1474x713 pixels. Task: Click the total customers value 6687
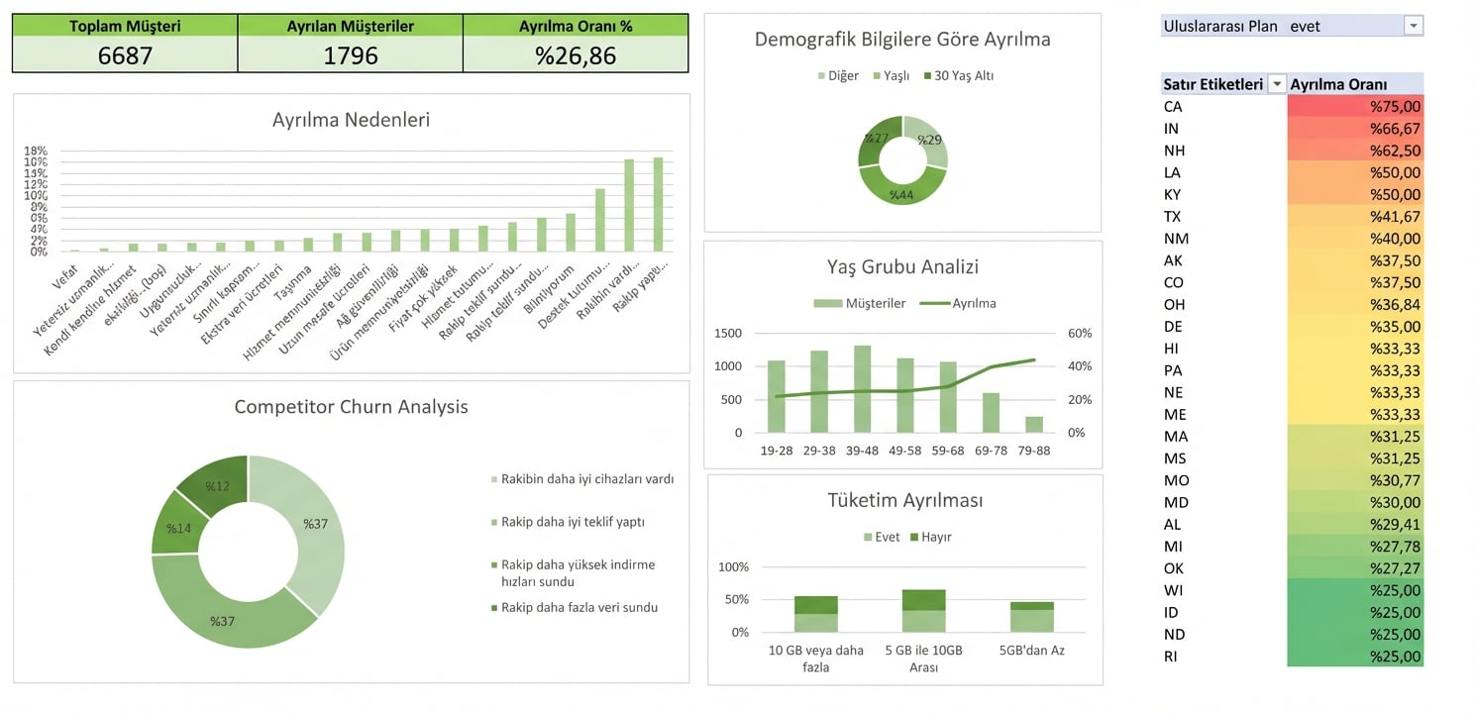pyautogui.click(x=125, y=55)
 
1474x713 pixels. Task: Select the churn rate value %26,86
pyautogui.click(x=576, y=55)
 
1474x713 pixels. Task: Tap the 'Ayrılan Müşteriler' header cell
pyautogui.click(x=351, y=26)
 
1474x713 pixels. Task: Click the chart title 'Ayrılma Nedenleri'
pyautogui.click(x=351, y=120)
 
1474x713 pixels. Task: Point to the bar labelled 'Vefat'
pyautogui.click(x=74, y=251)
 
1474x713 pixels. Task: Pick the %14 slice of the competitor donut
pyautogui.click(x=178, y=528)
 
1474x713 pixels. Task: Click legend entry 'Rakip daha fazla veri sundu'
pyautogui.click(x=579, y=607)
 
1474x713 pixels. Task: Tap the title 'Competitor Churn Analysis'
pyautogui.click(x=351, y=407)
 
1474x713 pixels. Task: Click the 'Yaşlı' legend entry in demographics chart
pyautogui.click(x=891, y=76)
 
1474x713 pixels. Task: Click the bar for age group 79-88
pyautogui.click(x=1034, y=424)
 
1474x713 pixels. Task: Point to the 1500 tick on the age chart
pyautogui.click(x=727, y=333)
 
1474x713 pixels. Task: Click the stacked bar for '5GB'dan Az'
pyautogui.click(x=1032, y=617)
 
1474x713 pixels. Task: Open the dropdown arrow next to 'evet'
pyautogui.click(x=1414, y=27)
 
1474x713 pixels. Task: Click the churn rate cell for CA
pyautogui.click(x=1355, y=107)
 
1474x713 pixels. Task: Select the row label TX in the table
pyautogui.click(x=1173, y=217)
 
